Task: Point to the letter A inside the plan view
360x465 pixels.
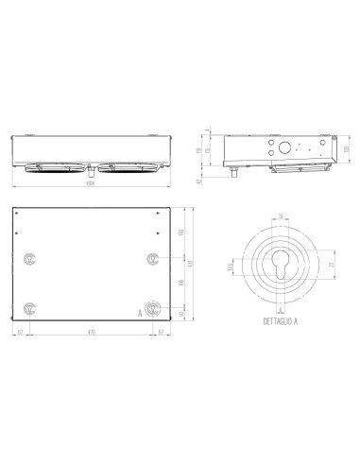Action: pos(140,311)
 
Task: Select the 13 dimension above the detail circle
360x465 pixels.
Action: pos(280,215)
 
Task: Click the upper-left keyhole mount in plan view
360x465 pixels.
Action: pos(31,258)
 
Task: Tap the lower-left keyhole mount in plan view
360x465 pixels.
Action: pos(31,307)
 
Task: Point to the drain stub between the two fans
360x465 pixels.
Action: pos(91,171)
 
